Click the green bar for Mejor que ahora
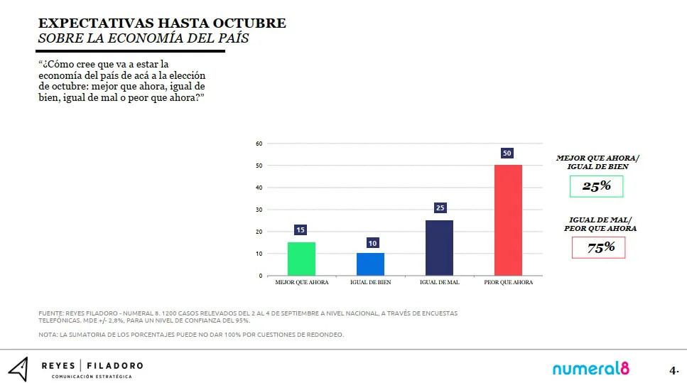(301, 259)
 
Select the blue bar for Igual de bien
(370, 264)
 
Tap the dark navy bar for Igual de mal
(439, 248)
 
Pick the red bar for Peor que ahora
(508, 220)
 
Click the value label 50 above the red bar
(507, 153)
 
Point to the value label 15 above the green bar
(301, 230)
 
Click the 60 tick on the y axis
(259, 144)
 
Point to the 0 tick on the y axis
(261, 276)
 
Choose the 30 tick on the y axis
(259, 210)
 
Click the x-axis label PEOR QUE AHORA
(508, 283)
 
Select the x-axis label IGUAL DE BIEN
(370, 283)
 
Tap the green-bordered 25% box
(596, 186)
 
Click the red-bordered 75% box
(598, 247)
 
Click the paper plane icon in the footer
(19, 368)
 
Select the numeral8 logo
(591, 369)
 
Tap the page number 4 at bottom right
(672, 370)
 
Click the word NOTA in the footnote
(47, 335)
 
